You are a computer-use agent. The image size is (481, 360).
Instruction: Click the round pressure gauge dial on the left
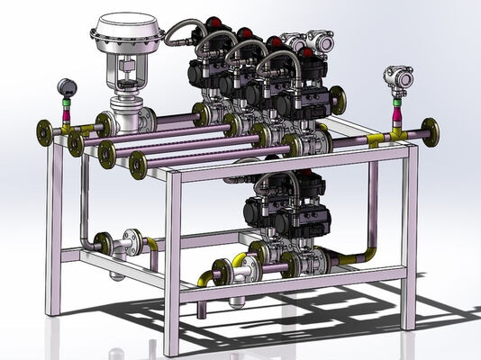click(63, 87)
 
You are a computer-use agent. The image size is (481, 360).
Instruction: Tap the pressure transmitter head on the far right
click(397, 77)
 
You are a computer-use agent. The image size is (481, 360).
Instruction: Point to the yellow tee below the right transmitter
click(396, 131)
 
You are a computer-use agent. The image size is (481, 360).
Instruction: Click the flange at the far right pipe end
click(431, 131)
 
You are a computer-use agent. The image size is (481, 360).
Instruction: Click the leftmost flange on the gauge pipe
click(42, 131)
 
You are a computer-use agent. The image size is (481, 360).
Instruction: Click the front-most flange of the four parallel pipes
click(138, 164)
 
